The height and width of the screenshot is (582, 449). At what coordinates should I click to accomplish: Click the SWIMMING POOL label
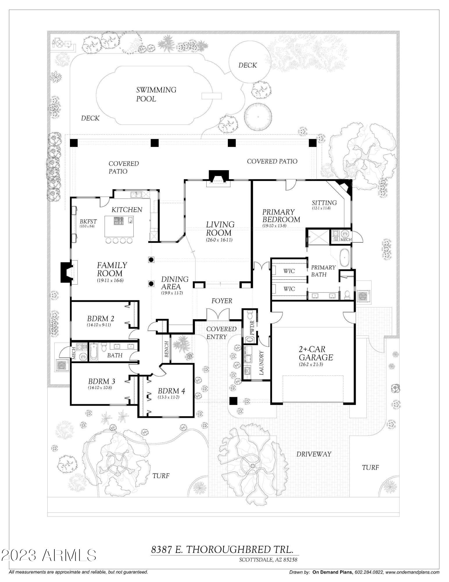156,94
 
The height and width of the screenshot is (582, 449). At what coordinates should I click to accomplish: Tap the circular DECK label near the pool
248,65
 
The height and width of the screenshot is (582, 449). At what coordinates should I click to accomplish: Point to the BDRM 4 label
171,391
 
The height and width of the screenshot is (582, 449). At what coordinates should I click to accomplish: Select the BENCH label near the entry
167,349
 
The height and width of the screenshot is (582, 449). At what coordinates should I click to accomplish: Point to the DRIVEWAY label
314,454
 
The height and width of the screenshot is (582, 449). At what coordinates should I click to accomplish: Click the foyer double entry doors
218,314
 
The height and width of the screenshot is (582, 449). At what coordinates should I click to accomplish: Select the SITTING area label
324,203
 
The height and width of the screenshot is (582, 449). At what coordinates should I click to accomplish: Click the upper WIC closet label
289,271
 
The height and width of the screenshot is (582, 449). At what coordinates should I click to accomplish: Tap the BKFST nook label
88,222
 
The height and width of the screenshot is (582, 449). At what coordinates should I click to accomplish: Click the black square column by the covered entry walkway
233,401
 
